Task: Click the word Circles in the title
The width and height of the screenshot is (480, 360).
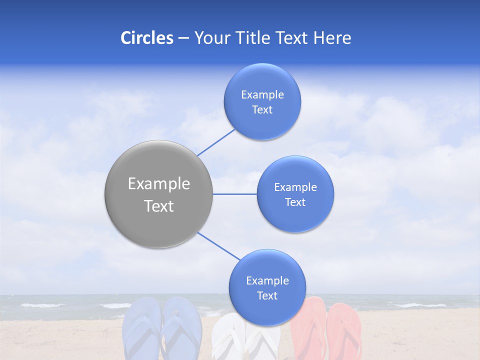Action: tap(146, 38)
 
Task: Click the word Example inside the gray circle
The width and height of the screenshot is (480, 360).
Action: tap(158, 184)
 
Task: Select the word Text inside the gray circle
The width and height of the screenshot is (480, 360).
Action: tap(158, 206)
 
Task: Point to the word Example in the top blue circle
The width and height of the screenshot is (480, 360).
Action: tap(262, 95)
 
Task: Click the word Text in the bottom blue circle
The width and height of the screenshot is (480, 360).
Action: tap(267, 296)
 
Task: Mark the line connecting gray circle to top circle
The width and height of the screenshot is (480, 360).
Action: tap(216, 142)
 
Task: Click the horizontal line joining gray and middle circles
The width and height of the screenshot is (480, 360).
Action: tap(234, 194)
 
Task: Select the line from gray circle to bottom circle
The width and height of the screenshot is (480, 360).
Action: tap(218, 246)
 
